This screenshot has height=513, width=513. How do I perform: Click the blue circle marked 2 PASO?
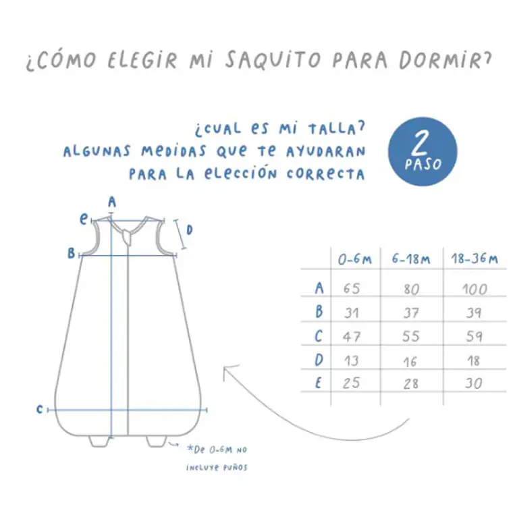click(x=423, y=152)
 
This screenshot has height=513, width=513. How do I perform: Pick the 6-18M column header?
click(x=411, y=259)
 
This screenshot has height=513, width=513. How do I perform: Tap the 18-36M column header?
click(x=475, y=259)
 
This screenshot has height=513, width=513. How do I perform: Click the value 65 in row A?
click(x=352, y=289)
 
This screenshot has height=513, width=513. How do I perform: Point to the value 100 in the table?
click(x=475, y=290)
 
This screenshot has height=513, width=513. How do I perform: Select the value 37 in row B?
click(x=411, y=313)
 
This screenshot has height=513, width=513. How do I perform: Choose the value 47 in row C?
click(x=352, y=336)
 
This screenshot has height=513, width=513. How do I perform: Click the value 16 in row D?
click(x=411, y=360)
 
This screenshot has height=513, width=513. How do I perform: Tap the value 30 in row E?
click(x=475, y=383)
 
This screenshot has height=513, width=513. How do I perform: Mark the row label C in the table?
click(x=319, y=336)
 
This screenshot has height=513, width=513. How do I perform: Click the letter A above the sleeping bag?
click(x=112, y=201)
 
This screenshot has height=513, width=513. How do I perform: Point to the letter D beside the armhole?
click(x=190, y=230)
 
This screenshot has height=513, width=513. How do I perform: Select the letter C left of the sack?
click(x=40, y=409)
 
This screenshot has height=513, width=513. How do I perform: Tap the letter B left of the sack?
click(x=70, y=254)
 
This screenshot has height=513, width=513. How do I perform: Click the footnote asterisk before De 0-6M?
click(x=172, y=447)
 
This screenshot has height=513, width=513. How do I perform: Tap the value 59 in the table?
click(x=475, y=336)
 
